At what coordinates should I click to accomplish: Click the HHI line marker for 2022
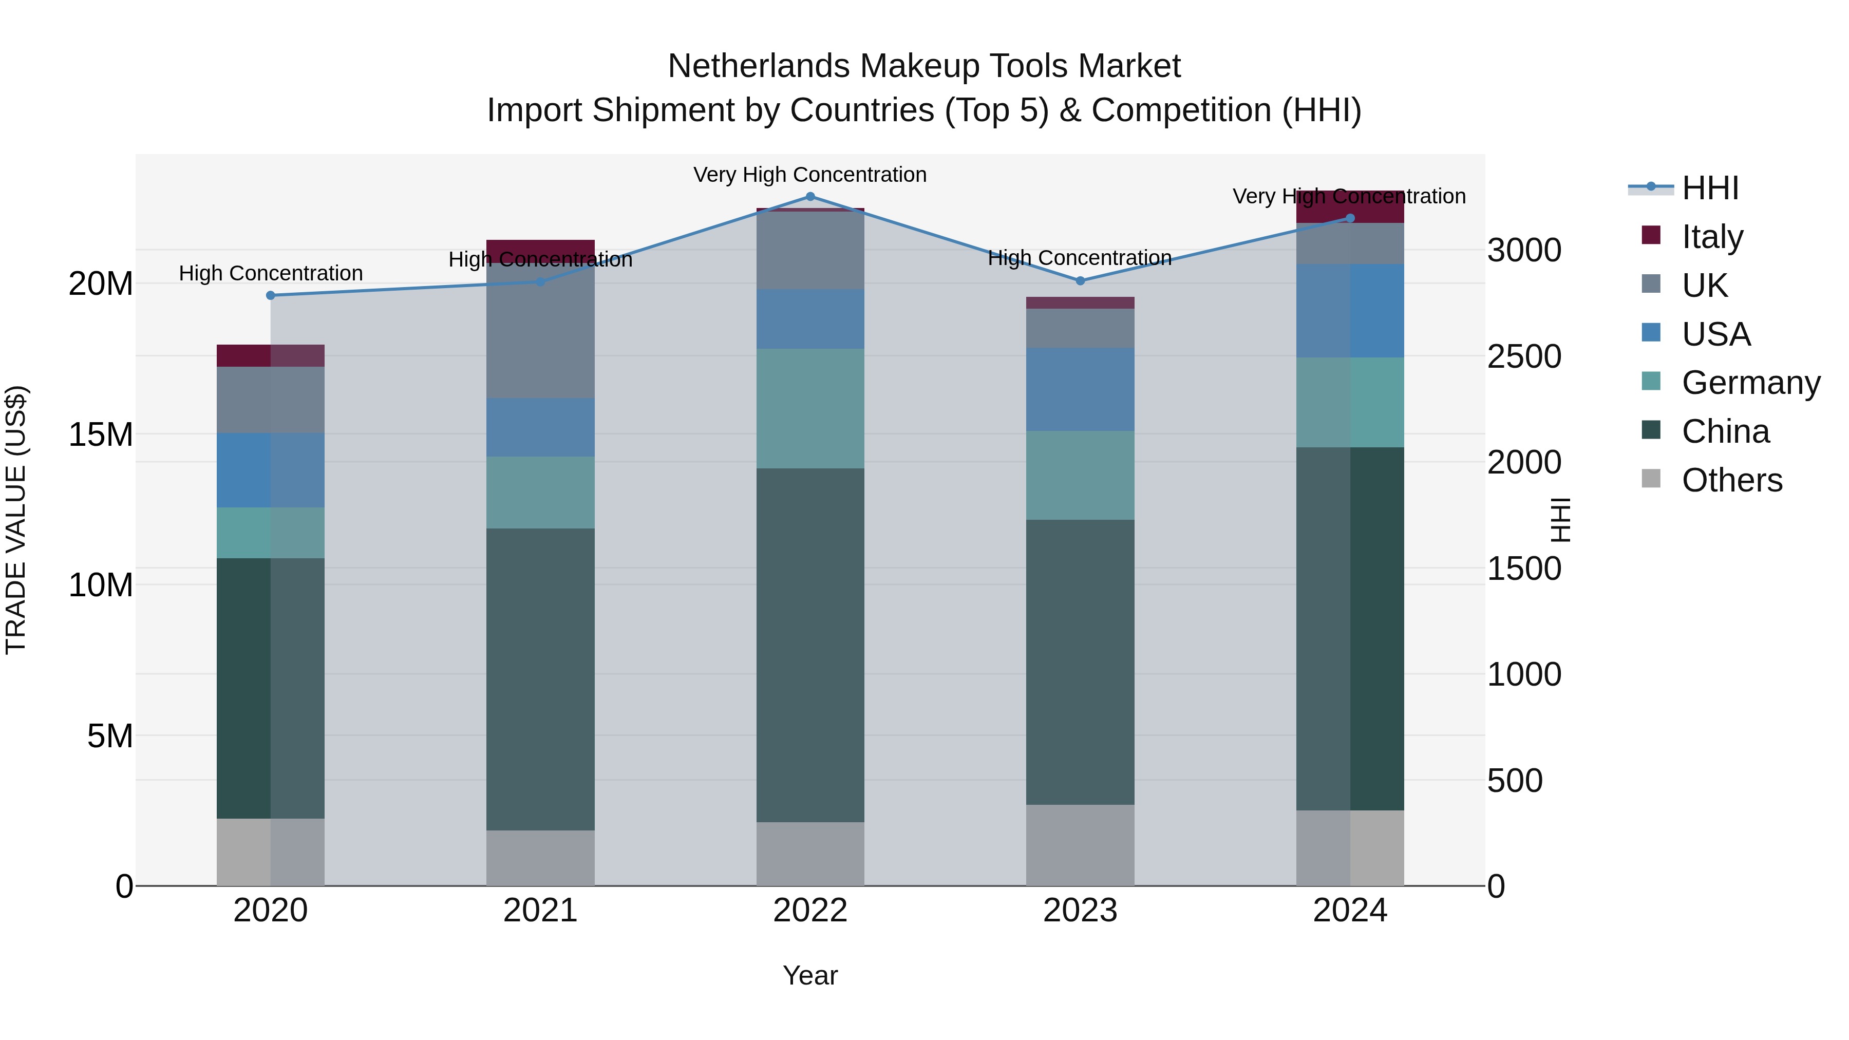pos(810,196)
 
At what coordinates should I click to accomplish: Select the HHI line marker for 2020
pos(271,295)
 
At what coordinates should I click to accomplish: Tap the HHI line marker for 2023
pos(1080,280)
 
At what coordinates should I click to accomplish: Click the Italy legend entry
pos(1712,236)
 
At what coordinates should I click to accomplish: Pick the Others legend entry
pos(1731,480)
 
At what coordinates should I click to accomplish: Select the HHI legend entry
pos(1710,188)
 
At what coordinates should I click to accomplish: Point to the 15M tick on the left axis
pos(101,434)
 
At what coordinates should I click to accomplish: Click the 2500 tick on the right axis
pos(1523,357)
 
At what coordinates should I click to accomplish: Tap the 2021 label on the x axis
pos(540,911)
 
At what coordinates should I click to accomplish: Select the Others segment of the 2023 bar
pos(1080,845)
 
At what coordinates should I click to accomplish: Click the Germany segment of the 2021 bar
pos(540,493)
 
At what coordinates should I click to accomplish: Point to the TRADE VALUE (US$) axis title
pos(16,520)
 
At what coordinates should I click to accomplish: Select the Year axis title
pos(810,975)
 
